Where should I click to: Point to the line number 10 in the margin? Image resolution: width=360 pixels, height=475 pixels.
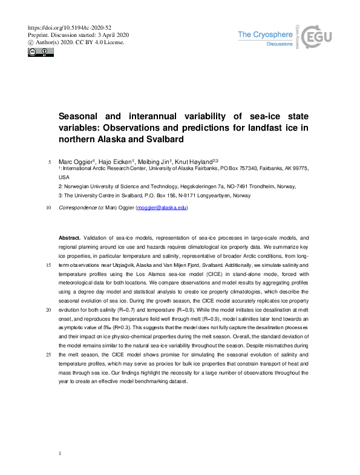pyautogui.click(x=48, y=207)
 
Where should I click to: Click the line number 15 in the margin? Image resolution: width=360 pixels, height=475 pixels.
pyautogui.click(x=48, y=265)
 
